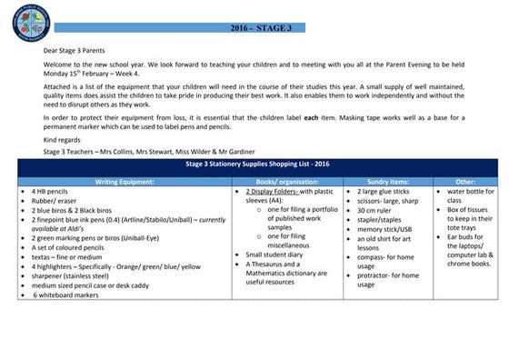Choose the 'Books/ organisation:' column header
pos(289,182)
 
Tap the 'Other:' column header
pos(464,182)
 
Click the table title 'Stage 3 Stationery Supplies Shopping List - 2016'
pos(264,167)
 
